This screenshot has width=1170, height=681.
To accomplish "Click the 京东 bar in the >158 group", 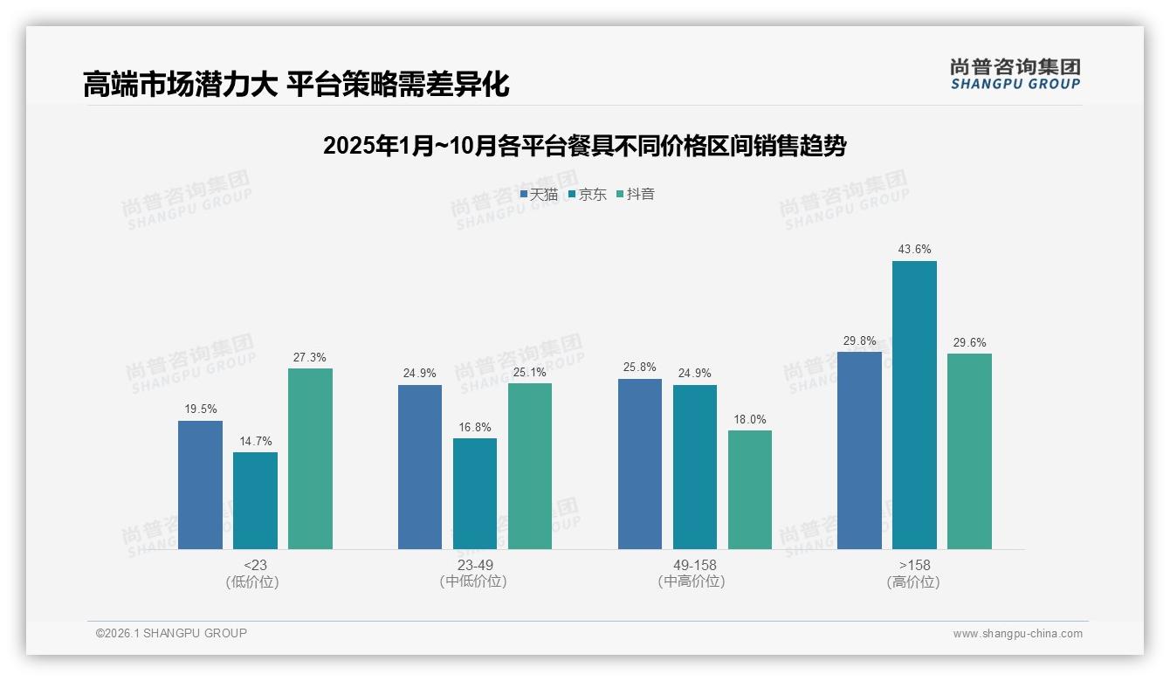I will pyautogui.click(x=914, y=405).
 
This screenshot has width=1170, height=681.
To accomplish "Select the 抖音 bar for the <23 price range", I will pyautogui.click(x=310, y=458).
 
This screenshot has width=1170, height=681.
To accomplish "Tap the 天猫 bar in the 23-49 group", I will pyautogui.click(x=420, y=467).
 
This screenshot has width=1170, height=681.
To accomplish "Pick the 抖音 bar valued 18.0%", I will pyautogui.click(x=750, y=490).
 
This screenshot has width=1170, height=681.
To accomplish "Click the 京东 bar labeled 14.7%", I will pyautogui.click(x=255, y=500).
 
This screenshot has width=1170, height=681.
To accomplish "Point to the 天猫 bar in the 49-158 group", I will pyautogui.click(x=640, y=464).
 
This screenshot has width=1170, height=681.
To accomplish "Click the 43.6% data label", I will pyautogui.click(x=914, y=250).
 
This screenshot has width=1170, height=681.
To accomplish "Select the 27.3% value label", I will pyautogui.click(x=310, y=357).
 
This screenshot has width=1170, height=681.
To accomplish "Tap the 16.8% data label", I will pyautogui.click(x=475, y=427).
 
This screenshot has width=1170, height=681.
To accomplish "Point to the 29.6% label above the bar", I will pyautogui.click(x=969, y=342).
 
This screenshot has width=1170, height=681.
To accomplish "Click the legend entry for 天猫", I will pyautogui.click(x=539, y=195).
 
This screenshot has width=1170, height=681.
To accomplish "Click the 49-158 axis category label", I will pyautogui.click(x=695, y=565).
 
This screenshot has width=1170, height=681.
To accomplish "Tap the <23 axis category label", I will pyautogui.click(x=255, y=565).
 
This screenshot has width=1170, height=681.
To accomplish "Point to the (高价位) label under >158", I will pyautogui.click(x=913, y=582).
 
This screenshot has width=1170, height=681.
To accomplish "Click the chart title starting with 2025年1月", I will pyautogui.click(x=584, y=146).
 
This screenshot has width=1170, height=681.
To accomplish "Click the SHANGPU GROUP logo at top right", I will pyautogui.click(x=1015, y=74).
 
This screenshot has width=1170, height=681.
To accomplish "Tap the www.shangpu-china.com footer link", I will pyautogui.click(x=1017, y=634).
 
